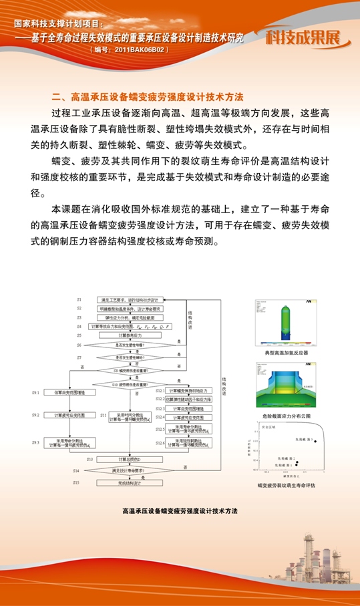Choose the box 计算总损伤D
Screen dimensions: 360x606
tap(130, 459)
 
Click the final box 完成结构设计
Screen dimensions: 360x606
tap(130, 482)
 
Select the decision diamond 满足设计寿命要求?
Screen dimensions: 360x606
tap(130, 470)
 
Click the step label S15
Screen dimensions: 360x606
tap(76, 482)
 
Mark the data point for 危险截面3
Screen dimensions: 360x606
tap(315, 440)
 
